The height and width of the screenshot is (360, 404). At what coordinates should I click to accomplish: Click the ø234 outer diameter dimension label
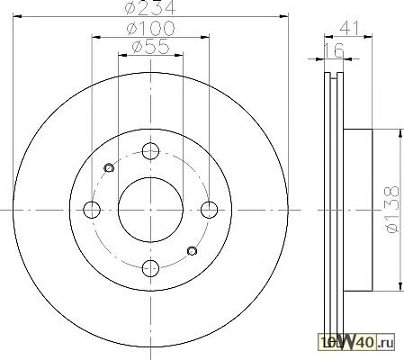point(150,7)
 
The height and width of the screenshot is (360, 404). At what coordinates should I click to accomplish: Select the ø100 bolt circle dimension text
point(150,28)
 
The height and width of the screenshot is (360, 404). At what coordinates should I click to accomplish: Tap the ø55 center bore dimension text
point(150,47)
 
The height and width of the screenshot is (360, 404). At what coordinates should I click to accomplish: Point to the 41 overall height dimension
point(349,29)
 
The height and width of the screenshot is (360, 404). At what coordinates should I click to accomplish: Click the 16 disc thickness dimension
point(334,50)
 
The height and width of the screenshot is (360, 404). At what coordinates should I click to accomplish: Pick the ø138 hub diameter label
point(393,210)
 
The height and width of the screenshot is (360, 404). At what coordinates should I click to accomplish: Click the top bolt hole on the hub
point(150,151)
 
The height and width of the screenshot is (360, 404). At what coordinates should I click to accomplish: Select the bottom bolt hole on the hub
point(150,268)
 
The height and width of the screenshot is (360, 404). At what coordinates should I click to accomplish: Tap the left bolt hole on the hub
point(92,210)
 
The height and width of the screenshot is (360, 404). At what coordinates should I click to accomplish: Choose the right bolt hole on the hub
point(209,210)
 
